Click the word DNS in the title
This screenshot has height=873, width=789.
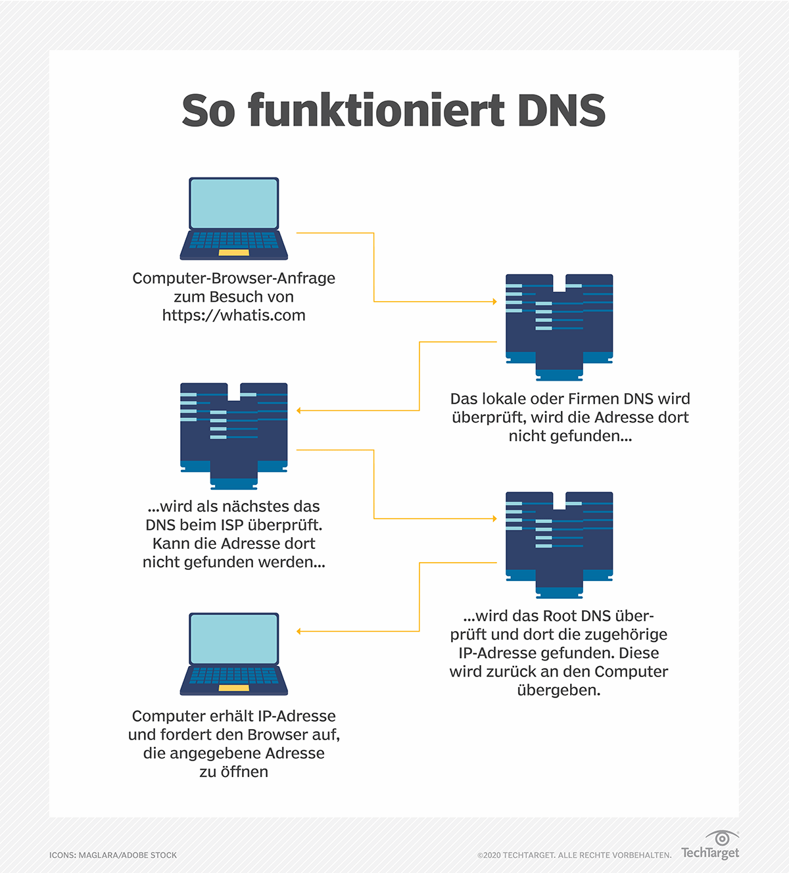(561, 110)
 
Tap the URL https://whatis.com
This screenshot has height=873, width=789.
(233, 316)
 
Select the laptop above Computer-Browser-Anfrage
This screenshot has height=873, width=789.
(234, 218)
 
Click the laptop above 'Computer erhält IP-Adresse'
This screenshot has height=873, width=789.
(234, 654)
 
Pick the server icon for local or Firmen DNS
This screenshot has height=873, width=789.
(559, 327)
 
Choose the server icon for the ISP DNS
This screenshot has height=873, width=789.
(233, 436)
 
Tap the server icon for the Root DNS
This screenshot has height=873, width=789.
(559, 544)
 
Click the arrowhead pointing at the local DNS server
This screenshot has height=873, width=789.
(494, 302)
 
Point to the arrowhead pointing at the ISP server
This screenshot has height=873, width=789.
(299, 410)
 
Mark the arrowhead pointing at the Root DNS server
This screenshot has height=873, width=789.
(494, 519)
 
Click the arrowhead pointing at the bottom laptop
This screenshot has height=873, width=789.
(299, 631)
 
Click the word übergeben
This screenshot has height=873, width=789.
(559, 690)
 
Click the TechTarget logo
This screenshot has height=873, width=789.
(711, 846)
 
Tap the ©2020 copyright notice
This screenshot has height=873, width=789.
(574, 855)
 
